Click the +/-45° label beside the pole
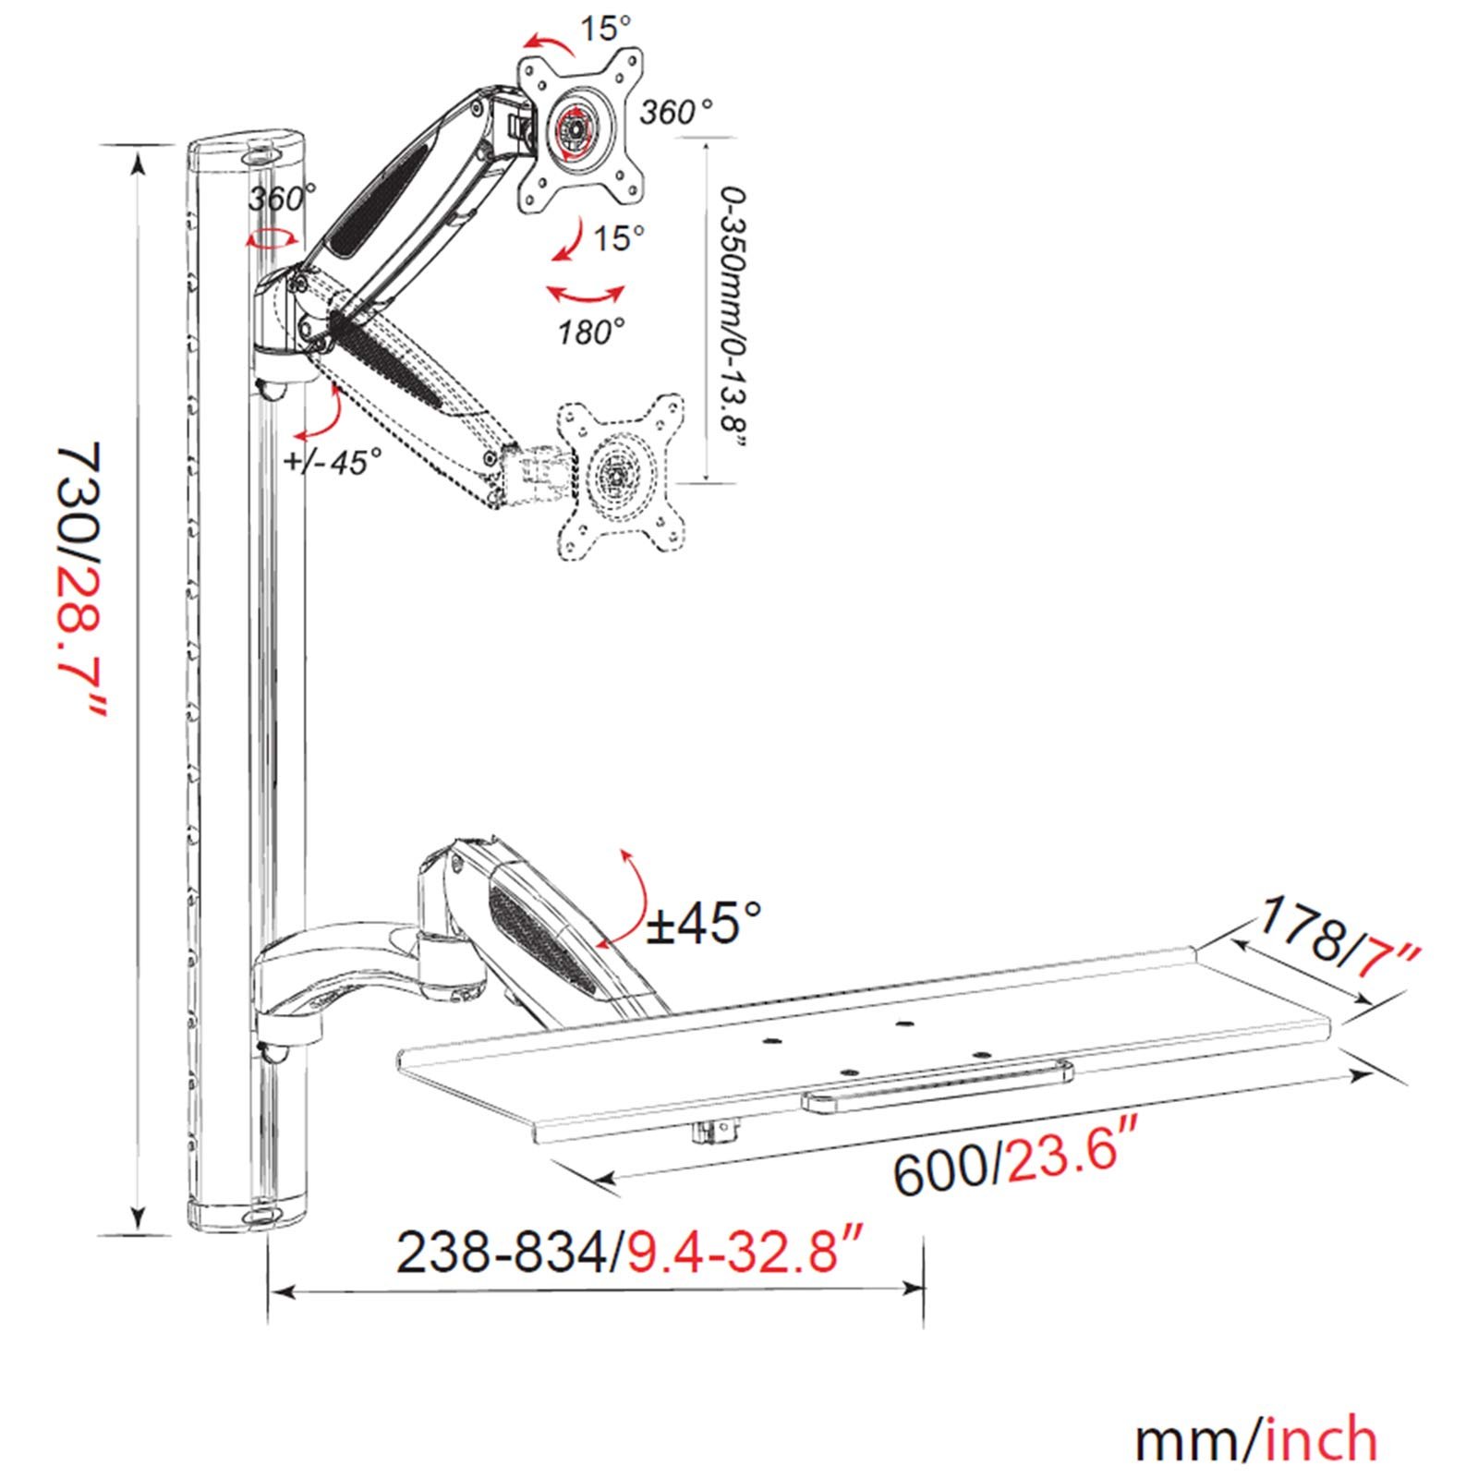tap(334, 460)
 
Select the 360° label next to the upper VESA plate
tap(676, 113)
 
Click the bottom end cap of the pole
tap(248, 1212)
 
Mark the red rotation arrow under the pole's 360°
tap(273, 239)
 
